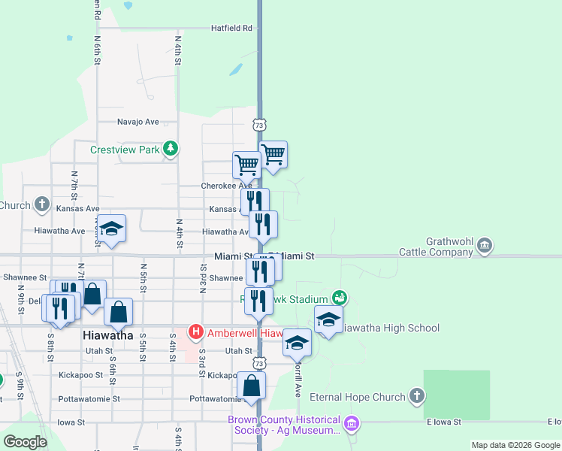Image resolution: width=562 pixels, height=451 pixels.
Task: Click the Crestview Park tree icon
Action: click(x=172, y=149)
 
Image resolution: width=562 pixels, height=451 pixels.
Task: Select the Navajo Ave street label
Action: click(x=138, y=121)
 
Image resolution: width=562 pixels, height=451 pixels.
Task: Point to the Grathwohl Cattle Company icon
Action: click(x=485, y=244)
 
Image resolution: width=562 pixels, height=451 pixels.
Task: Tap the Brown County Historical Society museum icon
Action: click(x=350, y=425)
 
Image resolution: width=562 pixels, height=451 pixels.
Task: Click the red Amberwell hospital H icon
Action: click(x=196, y=331)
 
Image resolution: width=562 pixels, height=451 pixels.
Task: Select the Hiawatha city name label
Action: click(x=107, y=335)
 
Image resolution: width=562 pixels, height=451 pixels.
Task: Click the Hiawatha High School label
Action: click(x=390, y=328)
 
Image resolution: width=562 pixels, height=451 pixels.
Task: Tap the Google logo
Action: click(x=25, y=442)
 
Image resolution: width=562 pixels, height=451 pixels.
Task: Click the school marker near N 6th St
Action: click(x=111, y=229)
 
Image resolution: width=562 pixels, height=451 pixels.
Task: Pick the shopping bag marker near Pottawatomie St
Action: click(x=252, y=386)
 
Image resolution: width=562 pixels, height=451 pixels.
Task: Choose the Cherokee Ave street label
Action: click(x=226, y=186)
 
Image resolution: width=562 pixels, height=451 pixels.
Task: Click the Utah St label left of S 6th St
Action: click(x=98, y=351)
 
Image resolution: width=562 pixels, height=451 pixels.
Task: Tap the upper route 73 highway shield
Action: click(x=259, y=124)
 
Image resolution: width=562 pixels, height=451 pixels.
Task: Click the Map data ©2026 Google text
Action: click(x=515, y=445)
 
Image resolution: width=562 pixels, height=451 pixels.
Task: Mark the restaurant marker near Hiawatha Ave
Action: click(x=263, y=224)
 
